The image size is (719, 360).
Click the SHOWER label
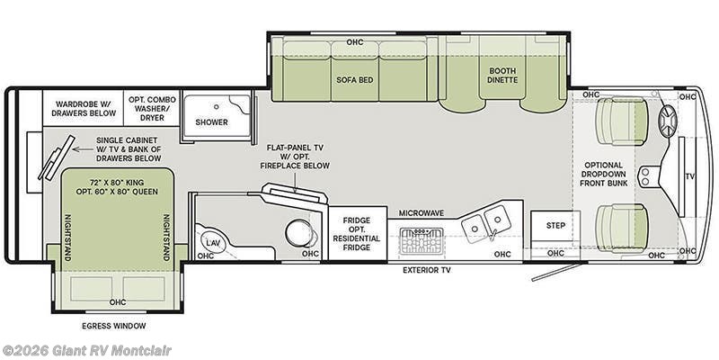click(x=211, y=122)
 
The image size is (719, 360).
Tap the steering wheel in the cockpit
click(x=668, y=121)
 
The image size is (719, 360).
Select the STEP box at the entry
click(x=555, y=226)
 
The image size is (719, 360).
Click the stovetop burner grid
click(x=422, y=241)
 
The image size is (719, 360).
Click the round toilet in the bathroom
click(x=299, y=232)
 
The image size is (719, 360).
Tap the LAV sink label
click(x=212, y=242)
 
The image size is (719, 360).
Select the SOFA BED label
click(x=354, y=80)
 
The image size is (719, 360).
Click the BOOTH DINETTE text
click(x=503, y=76)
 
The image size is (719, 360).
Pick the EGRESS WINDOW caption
click(x=114, y=326)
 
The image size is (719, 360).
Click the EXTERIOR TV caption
click(x=426, y=270)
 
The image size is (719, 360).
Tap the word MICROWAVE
click(x=421, y=213)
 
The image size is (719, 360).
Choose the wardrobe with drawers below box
click(x=83, y=108)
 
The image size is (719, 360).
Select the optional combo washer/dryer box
click(x=152, y=108)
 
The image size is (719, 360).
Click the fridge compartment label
click(x=356, y=234)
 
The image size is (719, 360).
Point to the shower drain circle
click(x=216, y=106)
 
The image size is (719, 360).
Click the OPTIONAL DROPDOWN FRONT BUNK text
click(x=603, y=174)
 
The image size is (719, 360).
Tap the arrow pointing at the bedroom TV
click(x=82, y=149)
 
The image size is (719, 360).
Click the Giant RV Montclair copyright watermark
click(x=85, y=351)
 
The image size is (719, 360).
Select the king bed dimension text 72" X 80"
click(x=103, y=182)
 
